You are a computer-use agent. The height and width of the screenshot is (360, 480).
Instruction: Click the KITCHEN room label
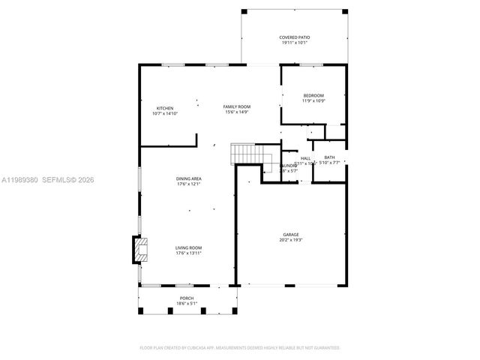(x=165, y=108)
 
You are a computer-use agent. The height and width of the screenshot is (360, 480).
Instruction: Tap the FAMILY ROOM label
(x=237, y=107)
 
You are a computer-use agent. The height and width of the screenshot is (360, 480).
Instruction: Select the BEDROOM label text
(x=313, y=95)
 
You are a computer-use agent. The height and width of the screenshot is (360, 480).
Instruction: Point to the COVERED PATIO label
(x=295, y=37)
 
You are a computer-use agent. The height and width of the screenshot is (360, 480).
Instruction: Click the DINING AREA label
(x=188, y=178)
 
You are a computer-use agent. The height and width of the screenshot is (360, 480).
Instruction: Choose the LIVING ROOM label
(x=188, y=247)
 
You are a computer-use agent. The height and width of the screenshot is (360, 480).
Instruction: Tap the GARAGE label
(x=290, y=235)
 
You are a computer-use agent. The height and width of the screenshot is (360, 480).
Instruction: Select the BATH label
(x=329, y=157)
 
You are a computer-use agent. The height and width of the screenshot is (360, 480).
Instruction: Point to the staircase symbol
(x=245, y=153)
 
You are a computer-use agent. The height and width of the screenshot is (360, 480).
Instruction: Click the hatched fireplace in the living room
(x=139, y=250)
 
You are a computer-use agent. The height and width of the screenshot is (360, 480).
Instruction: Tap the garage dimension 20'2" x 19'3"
(x=290, y=241)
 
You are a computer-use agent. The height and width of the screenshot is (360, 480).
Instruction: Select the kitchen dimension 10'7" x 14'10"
(x=165, y=114)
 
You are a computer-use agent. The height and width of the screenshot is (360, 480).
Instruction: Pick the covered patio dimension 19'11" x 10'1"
(x=295, y=43)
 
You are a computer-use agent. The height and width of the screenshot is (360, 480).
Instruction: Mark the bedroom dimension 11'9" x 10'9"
(x=313, y=101)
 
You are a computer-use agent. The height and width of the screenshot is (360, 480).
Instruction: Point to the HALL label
(x=305, y=158)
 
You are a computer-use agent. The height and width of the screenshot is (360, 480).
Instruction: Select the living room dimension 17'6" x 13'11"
(x=188, y=253)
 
